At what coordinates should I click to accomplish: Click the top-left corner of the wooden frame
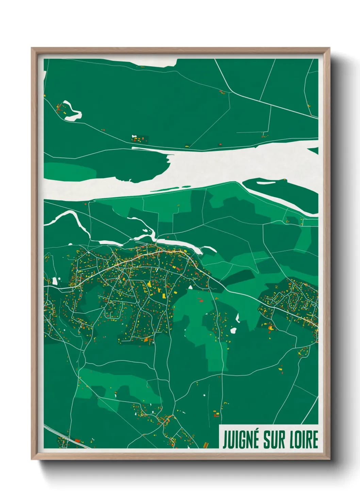(x=32, y=48)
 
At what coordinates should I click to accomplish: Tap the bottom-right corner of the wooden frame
(x=329, y=459)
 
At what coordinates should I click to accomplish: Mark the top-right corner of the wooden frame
(x=329, y=48)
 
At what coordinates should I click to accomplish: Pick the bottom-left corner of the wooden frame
(x=32, y=459)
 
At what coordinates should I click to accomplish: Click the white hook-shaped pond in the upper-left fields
(x=72, y=112)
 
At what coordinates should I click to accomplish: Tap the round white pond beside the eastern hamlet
(x=233, y=330)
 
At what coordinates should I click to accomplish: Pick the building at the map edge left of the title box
(x=205, y=445)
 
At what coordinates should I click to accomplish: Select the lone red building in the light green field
(x=200, y=300)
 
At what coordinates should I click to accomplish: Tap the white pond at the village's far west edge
(x=55, y=281)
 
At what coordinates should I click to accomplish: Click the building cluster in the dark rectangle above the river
(x=140, y=139)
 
